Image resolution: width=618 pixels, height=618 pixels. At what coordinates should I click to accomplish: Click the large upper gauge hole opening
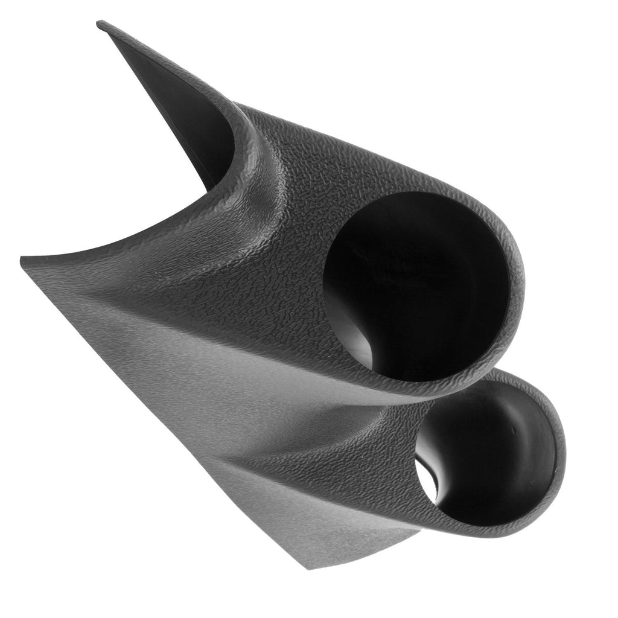pyautogui.click(x=416, y=284)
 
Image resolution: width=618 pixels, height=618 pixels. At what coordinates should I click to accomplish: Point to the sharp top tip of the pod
pyautogui.click(x=100, y=24)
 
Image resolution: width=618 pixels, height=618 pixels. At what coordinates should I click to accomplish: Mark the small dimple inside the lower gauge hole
pyautogui.click(x=514, y=430)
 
